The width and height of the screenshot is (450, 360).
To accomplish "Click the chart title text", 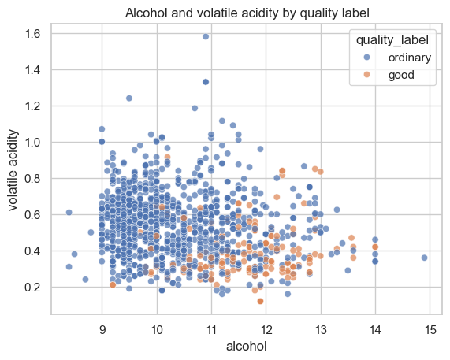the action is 247,13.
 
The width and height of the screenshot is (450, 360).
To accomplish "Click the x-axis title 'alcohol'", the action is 247,346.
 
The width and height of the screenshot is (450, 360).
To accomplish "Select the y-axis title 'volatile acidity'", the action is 13,170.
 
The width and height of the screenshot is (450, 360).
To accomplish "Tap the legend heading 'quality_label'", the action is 392,40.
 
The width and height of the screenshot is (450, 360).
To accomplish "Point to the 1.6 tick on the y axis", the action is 32,34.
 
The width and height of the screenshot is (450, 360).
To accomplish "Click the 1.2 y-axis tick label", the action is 32,106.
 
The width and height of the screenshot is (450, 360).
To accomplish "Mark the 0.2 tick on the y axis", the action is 32,288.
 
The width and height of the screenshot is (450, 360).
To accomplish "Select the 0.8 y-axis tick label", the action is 32,178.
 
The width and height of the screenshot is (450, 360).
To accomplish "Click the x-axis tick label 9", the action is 102,330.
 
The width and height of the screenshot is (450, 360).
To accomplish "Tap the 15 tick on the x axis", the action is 430,330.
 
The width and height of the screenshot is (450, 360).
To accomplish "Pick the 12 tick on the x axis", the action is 266,330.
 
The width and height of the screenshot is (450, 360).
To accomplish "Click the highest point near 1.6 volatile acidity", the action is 206,36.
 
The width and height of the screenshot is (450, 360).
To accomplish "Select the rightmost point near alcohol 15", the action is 425,258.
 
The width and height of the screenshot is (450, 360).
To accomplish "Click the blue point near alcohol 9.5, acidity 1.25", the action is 129,98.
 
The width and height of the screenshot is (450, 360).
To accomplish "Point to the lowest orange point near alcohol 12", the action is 261,301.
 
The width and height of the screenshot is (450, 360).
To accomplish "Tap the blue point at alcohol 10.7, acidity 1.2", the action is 195,108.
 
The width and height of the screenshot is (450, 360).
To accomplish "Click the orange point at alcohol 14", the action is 375,247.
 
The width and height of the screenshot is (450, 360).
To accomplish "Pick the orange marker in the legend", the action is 366,75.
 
